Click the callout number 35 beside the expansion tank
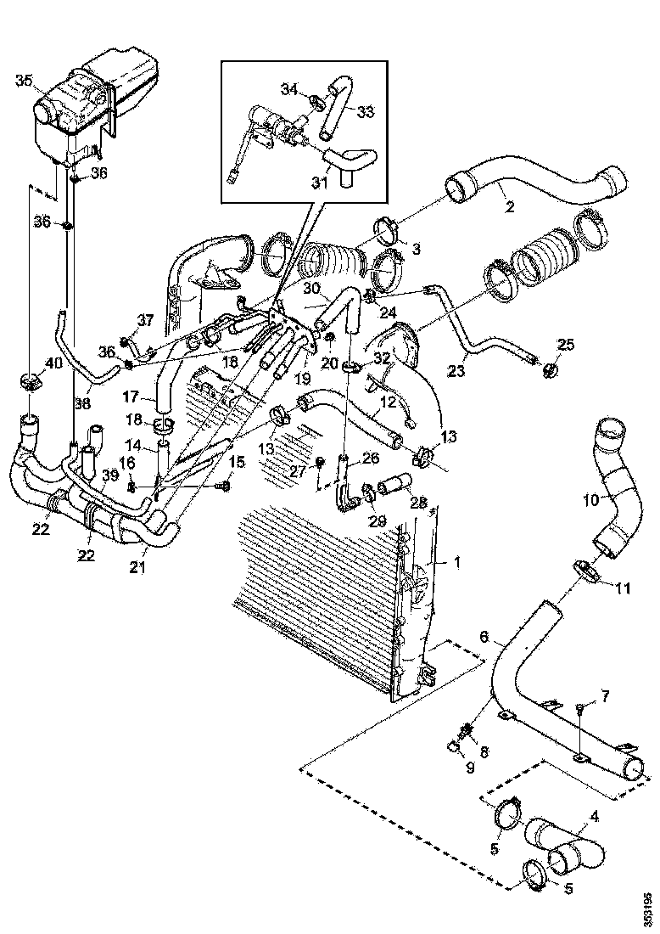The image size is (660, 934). point(23,81)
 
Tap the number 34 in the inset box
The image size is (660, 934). point(290,89)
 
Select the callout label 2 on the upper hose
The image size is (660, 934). point(510,205)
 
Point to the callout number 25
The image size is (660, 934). point(566,344)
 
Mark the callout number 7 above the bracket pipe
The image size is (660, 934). point(604,696)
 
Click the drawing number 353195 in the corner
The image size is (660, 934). point(648,908)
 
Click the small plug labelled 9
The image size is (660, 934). point(455,746)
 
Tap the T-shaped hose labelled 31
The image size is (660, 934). point(345,164)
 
